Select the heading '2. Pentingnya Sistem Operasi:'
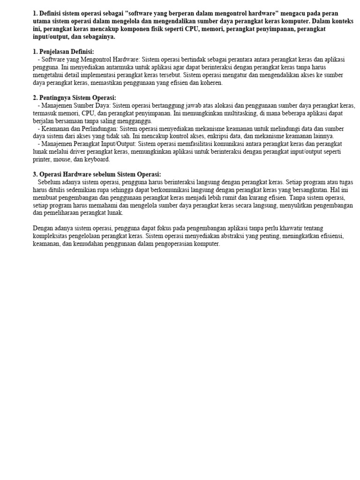click(x=75, y=98)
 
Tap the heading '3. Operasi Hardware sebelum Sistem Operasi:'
click(x=97, y=174)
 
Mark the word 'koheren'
click(x=211, y=83)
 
